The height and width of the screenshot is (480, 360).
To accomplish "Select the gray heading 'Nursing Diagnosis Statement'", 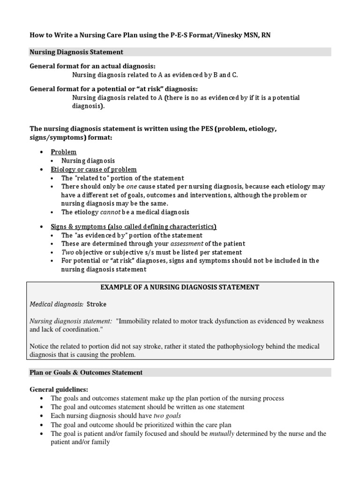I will [76, 52].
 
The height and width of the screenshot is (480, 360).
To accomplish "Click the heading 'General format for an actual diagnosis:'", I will [92, 66].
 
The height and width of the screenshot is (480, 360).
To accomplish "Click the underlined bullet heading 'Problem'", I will [63, 152].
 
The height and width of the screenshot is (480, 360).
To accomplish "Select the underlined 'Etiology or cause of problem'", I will [94, 169].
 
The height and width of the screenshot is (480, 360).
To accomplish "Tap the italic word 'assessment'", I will [187, 244].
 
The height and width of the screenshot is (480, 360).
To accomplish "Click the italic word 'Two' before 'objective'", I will [67, 252].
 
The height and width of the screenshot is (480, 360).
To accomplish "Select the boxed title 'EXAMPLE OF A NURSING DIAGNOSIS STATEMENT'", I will [180, 287].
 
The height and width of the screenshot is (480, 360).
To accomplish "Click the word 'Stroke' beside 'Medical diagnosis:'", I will [97, 304].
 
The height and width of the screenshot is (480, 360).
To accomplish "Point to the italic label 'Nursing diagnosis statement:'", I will [71, 321].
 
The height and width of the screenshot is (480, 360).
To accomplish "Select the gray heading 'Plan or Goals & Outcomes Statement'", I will [86, 373].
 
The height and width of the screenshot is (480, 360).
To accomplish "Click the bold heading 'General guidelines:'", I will [59, 390].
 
